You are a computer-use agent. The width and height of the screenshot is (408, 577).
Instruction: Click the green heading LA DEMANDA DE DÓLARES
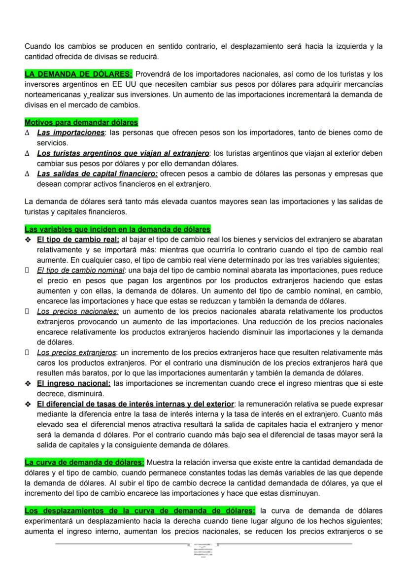78,74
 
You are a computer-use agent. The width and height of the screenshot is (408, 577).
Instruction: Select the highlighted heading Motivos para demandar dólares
81,122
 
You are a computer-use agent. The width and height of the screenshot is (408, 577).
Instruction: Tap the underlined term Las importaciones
70,133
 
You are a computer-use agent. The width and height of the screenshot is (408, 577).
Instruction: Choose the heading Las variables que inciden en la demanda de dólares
117,229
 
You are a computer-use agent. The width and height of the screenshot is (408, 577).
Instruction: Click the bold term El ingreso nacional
73,383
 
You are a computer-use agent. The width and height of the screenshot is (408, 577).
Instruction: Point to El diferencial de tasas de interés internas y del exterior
136,404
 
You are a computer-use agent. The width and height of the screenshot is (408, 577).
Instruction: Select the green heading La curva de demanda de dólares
84,462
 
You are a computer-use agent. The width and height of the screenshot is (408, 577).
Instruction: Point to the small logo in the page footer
204,549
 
